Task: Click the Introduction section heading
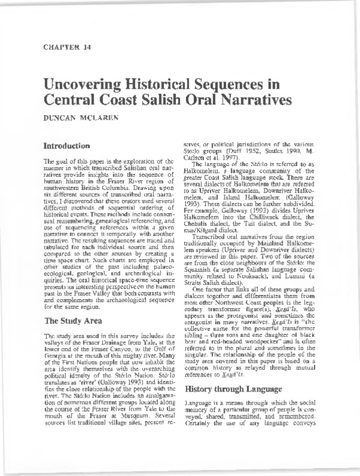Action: (68, 146)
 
